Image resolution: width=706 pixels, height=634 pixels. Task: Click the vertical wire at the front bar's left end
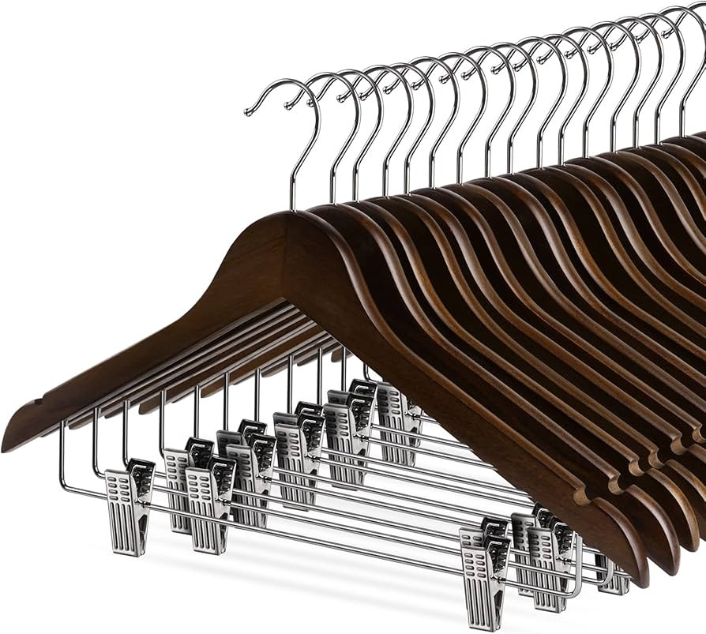[63, 458]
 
